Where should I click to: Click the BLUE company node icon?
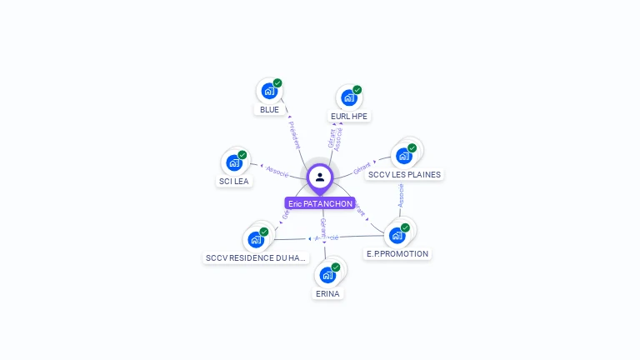click(x=268, y=91)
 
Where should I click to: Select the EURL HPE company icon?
click(x=348, y=97)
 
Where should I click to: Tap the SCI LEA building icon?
click(x=234, y=162)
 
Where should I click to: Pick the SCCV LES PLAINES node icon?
click(x=404, y=155)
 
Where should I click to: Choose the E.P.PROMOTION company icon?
click(x=397, y=234)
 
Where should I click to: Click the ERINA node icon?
click(x=327, y=275)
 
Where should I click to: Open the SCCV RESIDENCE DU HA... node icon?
click(x=257, y=239)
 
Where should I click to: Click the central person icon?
click(x=320, y=177)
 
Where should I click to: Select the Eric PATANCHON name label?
click(x=320, y=203)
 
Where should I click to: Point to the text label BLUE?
click(x=269, y=110)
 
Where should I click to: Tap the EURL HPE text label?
click(x=349, y=117)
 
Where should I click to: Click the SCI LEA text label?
click(x=234, y=182)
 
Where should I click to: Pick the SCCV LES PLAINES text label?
click(x=405, y=175)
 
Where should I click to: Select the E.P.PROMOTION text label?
click(x=397, y=254)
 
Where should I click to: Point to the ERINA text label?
click(x=328, y=294)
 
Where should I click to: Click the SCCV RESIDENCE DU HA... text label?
click(x=257, y=258)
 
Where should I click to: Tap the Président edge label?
click(x=293, y=134)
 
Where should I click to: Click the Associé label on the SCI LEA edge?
click(x=277, y=172)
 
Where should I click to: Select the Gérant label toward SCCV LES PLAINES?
click(x=362, y=169)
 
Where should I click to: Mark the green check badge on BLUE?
click(x=277, y=83)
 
